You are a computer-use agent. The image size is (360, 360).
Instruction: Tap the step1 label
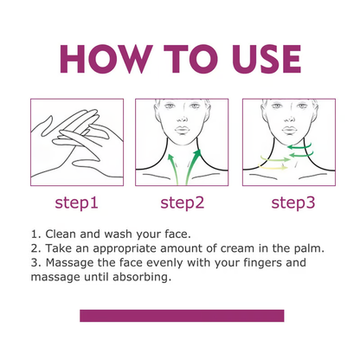(x=77, y=202)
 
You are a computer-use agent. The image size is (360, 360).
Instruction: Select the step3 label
(x=288, y=202)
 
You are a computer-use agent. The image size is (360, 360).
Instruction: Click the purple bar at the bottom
(x=182, y=316)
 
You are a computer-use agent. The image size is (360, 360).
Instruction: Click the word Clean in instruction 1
(x=63, y=234)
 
